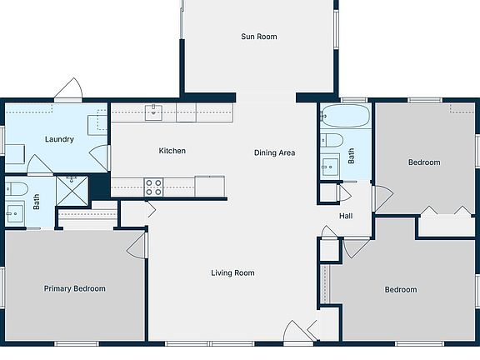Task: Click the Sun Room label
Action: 259,37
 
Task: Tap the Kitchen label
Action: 172,151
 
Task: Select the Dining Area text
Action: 275,152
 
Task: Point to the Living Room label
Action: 232,272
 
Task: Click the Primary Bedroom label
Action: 75,288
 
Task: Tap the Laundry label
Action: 59,139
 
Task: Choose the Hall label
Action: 346,216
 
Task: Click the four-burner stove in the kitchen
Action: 153,187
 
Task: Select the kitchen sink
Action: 153,112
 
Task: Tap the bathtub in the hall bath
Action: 345,116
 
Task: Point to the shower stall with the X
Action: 72,190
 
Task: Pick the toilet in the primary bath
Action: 17,189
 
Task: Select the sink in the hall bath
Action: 330,167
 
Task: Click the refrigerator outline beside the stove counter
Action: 210,186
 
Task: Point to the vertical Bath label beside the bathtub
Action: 352,156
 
